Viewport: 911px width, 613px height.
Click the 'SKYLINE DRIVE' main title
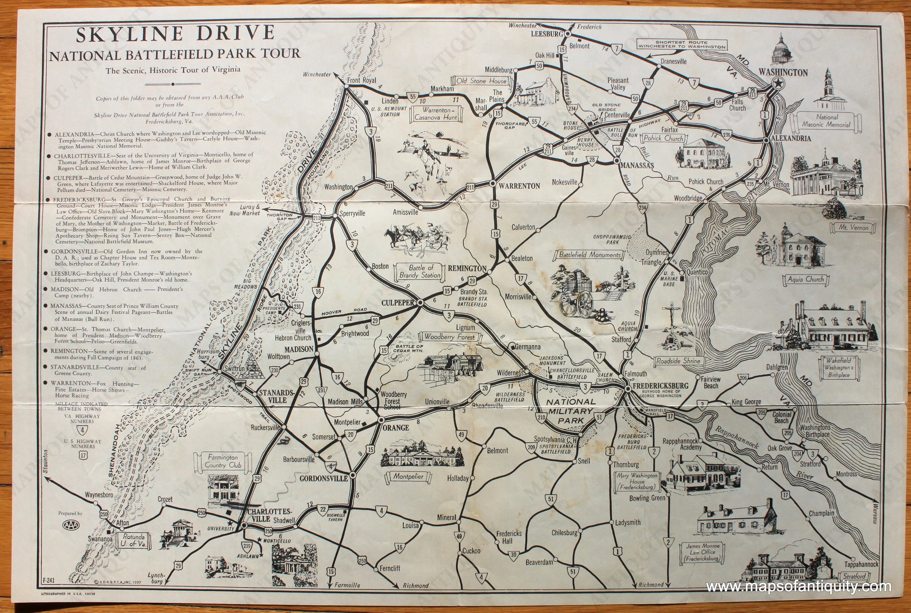[175, 34]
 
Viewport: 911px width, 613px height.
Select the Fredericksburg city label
[660, 386]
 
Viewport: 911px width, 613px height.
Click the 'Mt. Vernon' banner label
[853, 227]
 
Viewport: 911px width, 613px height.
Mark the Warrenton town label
[519, 186]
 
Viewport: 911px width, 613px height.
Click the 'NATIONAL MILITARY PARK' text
[571, 411]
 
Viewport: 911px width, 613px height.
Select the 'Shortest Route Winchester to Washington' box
[682, 44]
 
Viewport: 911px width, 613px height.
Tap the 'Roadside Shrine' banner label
[678, 361]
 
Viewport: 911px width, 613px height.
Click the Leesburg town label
[547, 34]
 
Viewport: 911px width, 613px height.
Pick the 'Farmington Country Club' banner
[223, 461]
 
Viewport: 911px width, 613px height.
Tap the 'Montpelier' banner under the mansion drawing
[408, 477]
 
